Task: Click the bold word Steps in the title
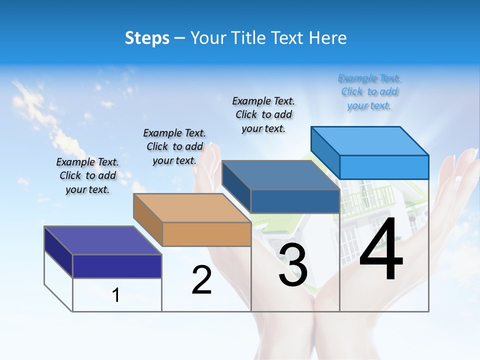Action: [x=147, y=38]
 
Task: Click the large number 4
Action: [x=381, y=249]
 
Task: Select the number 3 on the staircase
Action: [x=293, y=265]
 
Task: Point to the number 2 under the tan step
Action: [x=201, y=280]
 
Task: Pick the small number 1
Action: [x=116, y=295]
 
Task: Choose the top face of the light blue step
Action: [x=370, y=140]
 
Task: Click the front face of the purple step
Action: [x=117, y=266]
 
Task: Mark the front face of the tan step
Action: [x=206, y=234]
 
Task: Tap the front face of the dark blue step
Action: [x=295, y=201]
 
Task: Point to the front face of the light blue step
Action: [x=384, y=167]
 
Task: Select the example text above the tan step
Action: [x=174, y=146]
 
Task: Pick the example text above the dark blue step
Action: [x=263, y=114]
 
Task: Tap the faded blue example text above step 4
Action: [x=369, y=92]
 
